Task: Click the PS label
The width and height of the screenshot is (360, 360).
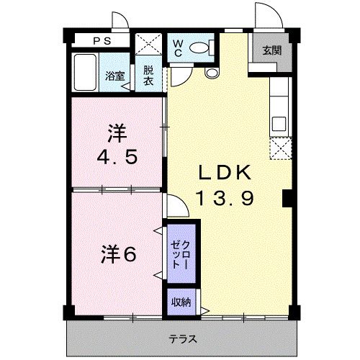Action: point(102,41)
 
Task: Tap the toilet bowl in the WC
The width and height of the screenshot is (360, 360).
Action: point(199,48)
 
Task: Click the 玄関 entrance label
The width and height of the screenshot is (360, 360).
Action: point(271,50)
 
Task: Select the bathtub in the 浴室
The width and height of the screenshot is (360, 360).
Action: point(85,72)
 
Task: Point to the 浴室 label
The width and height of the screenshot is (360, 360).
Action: point(115,76)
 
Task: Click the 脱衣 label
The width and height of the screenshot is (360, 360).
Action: point(148,76)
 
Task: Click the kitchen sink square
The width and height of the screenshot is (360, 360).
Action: point(279,124)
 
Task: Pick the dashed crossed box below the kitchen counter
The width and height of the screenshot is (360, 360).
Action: point(281,148)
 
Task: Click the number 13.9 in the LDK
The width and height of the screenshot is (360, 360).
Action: point(225,199)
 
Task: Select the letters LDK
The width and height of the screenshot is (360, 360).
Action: point(225,172)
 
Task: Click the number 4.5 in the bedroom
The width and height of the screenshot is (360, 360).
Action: point(117,157)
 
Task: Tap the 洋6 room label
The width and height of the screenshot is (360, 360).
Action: point(118,254)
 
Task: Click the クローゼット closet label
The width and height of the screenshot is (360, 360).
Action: point(180,254)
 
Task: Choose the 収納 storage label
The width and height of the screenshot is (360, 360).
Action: point(181,302)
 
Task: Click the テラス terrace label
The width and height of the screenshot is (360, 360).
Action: point(183,339)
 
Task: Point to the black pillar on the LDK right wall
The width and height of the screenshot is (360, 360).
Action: point(287,198)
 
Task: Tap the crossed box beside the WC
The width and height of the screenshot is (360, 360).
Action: point(148,44)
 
